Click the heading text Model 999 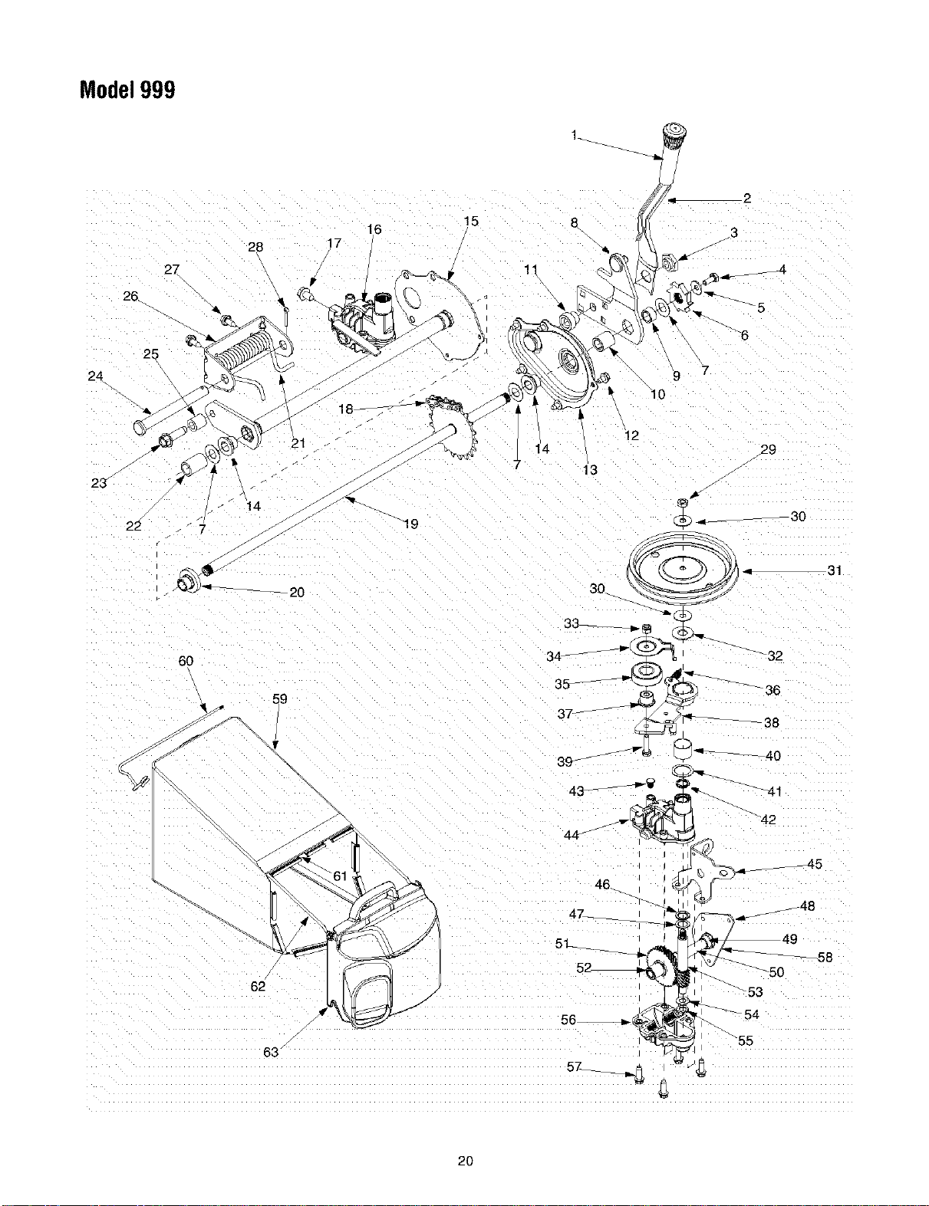pyautogui.click(x=127, y=90)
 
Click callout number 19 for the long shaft pyautogui.click(x=411, y=524)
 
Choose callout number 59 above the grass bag pyautogui.click(x=280, y=698)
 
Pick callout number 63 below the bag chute pyautogui.click(x=271, y=1052)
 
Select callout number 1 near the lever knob pyautogui.click(x=575, y=134)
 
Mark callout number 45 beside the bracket pyautogui.click(x=815, y=863)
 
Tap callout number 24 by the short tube pyautogui.click(x=96, y=376)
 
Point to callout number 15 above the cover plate pyautogui.click(x=471, y=221)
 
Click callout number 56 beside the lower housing pyautogui.click(x=568, y=1020)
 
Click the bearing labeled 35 pyautogui.click(x=647, y=675)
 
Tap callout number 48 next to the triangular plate pyautogui.click(x=807, y=905)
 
